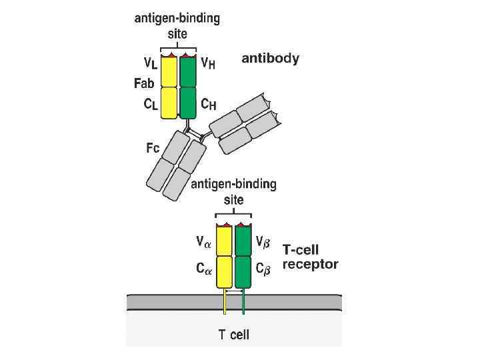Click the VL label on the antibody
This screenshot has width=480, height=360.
click(x=151, y=65)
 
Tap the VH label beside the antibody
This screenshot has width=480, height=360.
click(x=208, y=65)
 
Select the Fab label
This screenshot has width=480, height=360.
click(x=145, y=84)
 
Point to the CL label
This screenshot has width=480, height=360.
click(x=151, y=105)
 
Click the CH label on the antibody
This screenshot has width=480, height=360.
click(x=208, y=105)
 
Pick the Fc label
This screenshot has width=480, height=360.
click(x=153, y=149)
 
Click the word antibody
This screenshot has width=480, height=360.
click(x=269, y=59)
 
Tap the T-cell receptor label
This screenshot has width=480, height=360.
click(x=310, y=257)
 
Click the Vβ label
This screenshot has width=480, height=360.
click(x=264, y=243)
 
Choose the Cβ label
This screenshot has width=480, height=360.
click(x=264, y=269)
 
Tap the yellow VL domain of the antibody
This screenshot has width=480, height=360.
click(x=169, y=71)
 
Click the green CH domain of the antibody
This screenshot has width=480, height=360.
click(x=188, y=102)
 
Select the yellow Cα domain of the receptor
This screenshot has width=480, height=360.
click(x=223, y=271)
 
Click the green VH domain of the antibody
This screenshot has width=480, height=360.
click(x=188, y=71)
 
